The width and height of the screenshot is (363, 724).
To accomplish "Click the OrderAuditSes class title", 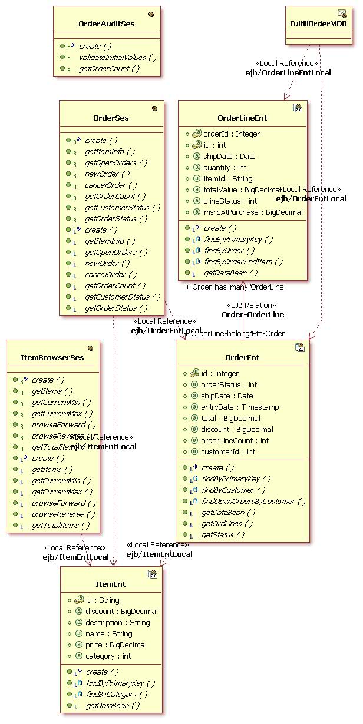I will pyautogui.click(x=106, y=24).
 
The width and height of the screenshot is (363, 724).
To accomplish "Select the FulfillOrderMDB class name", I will pyautogui.click(x=318, y=24).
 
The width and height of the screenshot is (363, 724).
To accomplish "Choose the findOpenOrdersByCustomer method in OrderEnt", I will pyautogui.click(x=253, y=501).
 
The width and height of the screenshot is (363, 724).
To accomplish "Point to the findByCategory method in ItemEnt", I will pyautogui.click(x=116, y=694).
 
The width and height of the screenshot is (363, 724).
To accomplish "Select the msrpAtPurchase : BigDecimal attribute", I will pyautogui.click(x=252, y=212).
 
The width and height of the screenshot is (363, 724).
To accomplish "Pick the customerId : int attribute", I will pyautogui.click(x=228, y=451).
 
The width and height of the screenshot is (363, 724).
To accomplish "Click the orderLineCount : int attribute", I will pyautogui.click(x=235, y=440).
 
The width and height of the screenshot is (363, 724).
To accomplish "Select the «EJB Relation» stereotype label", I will pyautogui.click(x=252, y=305).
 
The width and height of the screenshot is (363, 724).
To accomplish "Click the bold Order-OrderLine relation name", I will pyautogui.click(x=252, y=314).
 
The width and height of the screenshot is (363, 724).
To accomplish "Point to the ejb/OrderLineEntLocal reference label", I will pyautogui.click(x=288, y=72).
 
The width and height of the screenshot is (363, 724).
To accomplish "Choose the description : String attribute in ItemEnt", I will pyautogui.click(x=117, y=622).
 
